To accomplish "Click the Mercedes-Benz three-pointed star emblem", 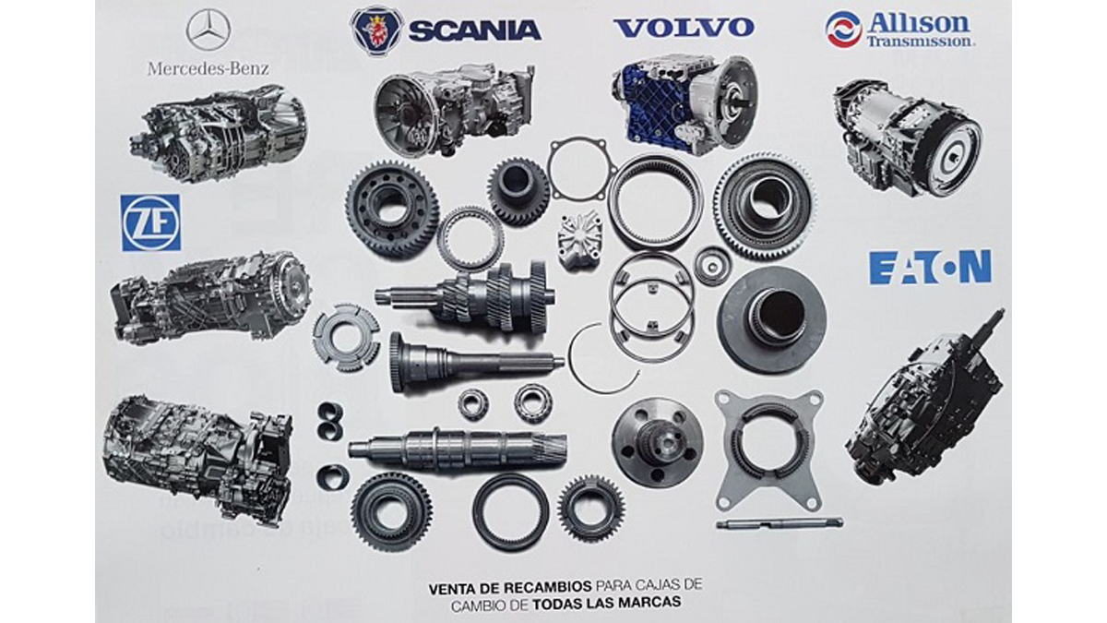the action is (208, 30).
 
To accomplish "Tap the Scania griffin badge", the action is (377, 30).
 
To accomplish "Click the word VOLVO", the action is (684, 28).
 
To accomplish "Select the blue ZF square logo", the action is (150, 222).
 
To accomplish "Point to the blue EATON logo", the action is (930, 267).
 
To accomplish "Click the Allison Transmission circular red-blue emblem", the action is (843, 30).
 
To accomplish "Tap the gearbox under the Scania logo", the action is (454, 110).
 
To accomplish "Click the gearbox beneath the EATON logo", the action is (925, 398).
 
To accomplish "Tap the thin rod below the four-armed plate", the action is (780, 523).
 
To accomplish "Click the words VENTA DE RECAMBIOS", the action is (509, 588).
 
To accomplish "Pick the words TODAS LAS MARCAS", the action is (607, 603).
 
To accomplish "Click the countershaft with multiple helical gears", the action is (465, 296).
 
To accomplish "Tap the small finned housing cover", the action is (579, 240).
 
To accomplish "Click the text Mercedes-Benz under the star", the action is (208, 68).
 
